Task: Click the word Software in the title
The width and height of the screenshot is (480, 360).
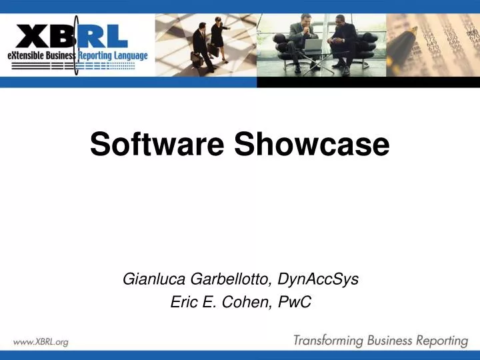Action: coord(157,144)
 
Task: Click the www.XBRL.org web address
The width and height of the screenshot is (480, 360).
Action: coord(41,342)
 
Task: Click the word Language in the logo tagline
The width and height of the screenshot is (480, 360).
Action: coord(129,55)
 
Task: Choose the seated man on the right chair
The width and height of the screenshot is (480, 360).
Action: coord(344,43)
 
